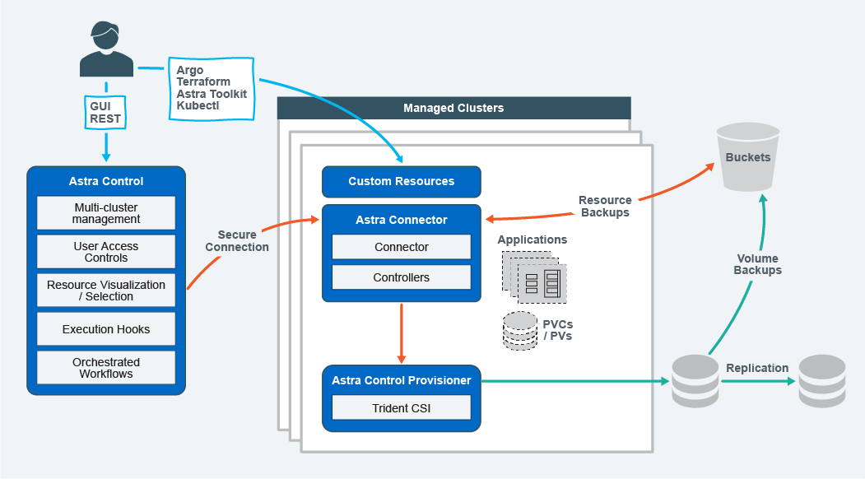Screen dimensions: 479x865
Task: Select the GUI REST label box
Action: coord(105,113)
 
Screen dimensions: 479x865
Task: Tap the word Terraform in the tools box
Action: coord(203,82)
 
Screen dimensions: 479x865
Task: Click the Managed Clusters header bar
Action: coord(453,108)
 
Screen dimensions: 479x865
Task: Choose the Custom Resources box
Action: coord(401,181)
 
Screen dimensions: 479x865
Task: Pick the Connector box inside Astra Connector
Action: coord(401,247)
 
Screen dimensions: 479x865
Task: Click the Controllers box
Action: coord(401,277)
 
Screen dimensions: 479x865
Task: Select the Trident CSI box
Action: coord(401,407)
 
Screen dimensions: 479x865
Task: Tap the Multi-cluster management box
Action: coord(106,213)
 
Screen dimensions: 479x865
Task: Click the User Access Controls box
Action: coord(106,252)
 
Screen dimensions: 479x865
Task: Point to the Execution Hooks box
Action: coord(106,329)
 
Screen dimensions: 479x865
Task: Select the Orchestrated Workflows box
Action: coord(106,368)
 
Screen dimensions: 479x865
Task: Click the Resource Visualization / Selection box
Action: coord(106,291)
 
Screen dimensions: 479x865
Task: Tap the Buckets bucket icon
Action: coord(747,156)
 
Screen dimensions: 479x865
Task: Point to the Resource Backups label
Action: coord(605,206)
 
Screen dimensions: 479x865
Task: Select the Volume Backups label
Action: coord(758,264)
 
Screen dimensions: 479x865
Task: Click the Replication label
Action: coord(757,368)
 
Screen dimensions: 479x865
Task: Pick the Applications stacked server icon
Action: coord(533,277)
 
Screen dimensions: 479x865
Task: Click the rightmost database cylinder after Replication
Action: coord(822,381)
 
